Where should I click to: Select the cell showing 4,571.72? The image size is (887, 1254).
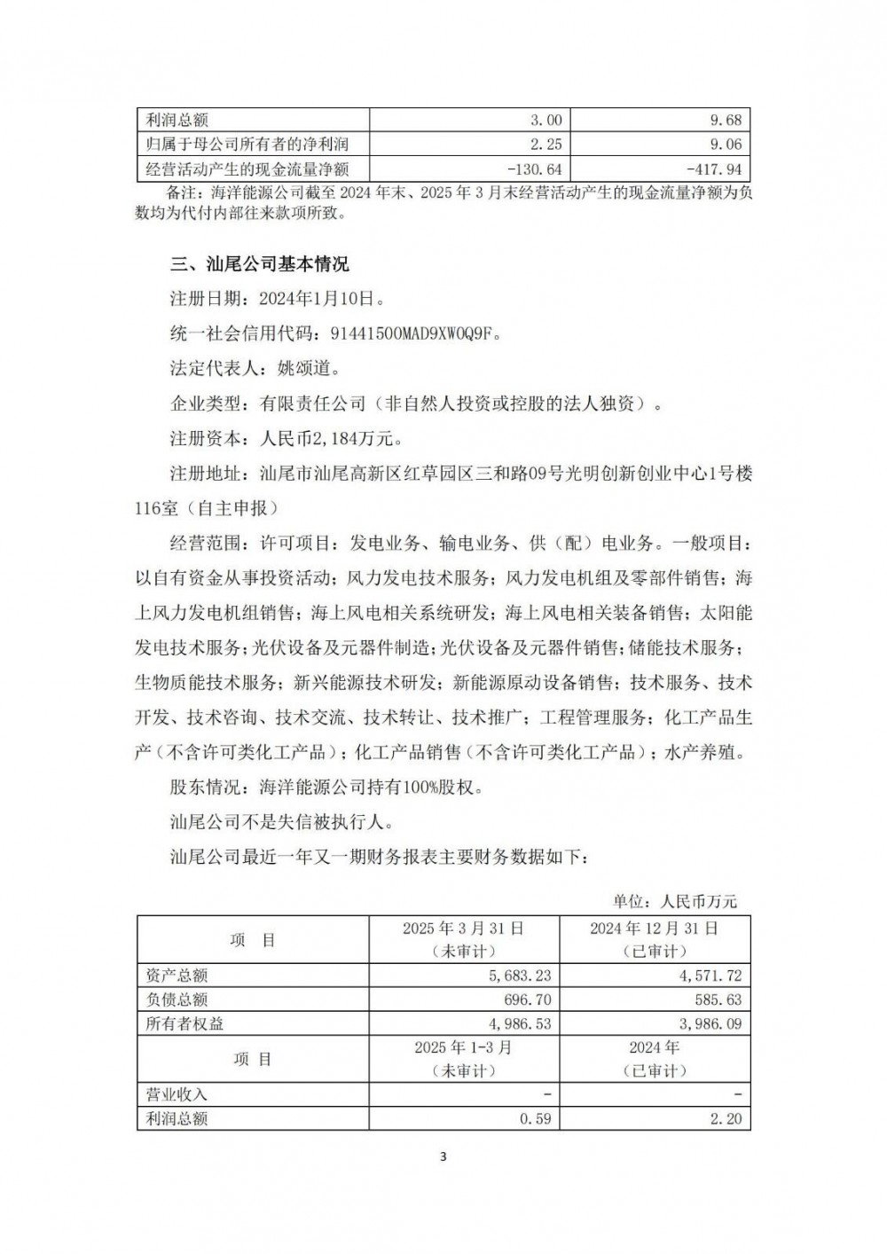click(x=707, y=976)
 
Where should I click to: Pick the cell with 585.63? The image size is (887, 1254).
click(x=718, y=999)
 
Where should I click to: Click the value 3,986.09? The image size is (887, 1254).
click(x=707, y=1023)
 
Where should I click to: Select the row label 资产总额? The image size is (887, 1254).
click(x=177, y=976)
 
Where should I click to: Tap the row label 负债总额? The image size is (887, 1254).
click(x=177, y=999)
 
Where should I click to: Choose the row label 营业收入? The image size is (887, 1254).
click(x=177, y=1094)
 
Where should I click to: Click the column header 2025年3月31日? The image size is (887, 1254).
click(x=463, y=929)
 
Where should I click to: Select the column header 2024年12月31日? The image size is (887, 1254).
click(x=655, y=929)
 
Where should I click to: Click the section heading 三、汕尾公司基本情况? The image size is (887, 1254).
click(x=259, y=264)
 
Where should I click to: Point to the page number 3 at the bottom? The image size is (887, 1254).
click(x=443, y=1156)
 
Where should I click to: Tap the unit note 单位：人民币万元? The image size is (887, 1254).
click(x=674, y=902)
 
